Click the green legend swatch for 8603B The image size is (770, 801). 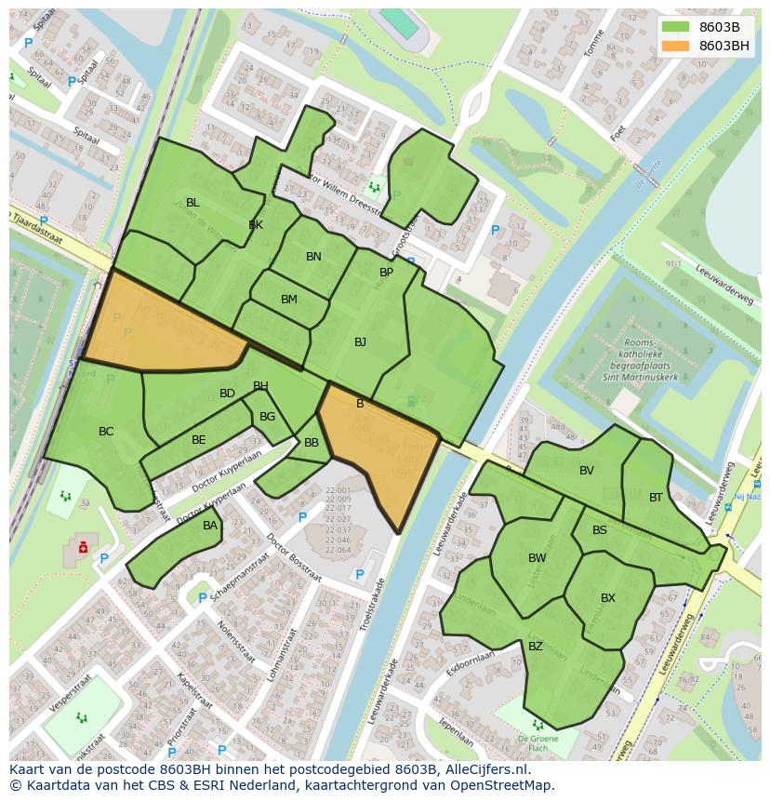click(x=676, y=27)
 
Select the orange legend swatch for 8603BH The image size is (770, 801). click(x=676, y=46)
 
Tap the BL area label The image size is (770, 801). click(x=192, y=203)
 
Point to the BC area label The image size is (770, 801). click(x=106, y=432)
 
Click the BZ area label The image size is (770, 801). click(x=536, y=647)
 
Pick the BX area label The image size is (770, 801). click(x=608, y=598)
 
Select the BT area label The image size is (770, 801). click(x=656, y=498)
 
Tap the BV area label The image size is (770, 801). click(x=586, y=471)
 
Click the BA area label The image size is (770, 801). click(x=210, y=526)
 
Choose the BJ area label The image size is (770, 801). click(x=360, y=342)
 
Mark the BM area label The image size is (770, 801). click(x=289, y=300)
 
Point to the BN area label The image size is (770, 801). click(x=313, y=257)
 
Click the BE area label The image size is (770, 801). click(x=198, y=440)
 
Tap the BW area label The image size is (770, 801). click(x=537, y=558)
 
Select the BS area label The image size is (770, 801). click(x=600, y=530)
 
